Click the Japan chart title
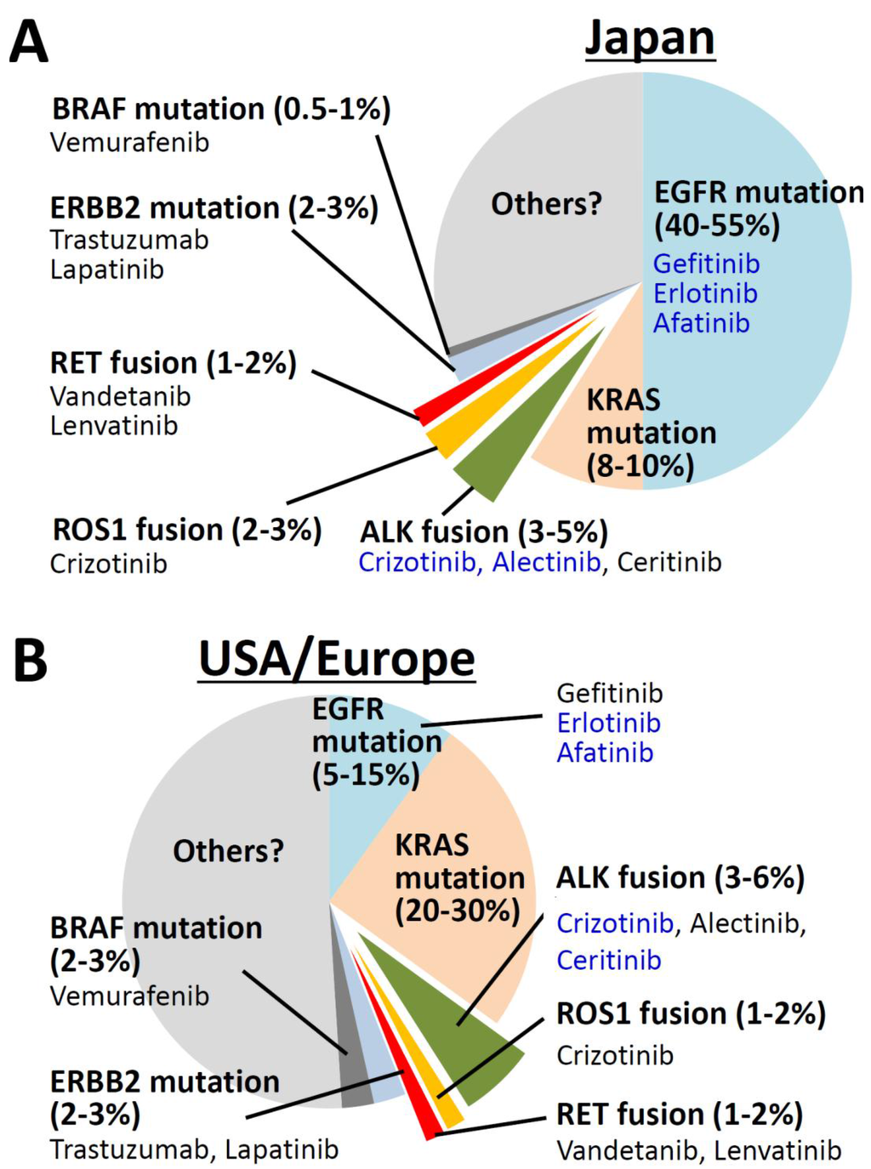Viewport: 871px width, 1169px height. pyautogui.click(x=649, y=38)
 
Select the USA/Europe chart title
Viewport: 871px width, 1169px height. pyautogui.click(x=337, y=659)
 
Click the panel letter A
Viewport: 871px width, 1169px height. pyautogui.click(x=28, y=43)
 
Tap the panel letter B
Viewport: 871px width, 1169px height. pyautogui.click(x=30, y=663)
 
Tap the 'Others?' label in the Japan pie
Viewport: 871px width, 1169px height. pyautogui.click(x=546, y=204)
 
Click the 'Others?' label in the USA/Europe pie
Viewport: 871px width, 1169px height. pyautogui.click(x=228, y=851)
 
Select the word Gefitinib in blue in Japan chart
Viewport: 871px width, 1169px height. pyautogui.click(x=706, y=264)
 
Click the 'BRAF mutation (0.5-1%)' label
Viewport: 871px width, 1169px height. pyautogui.click(x=221, y=110)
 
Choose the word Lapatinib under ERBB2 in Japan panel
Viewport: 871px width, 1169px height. pyautogui.click(x=107, y=270)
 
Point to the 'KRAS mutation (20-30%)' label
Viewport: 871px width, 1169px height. pyautogui.click(x=459, y=877)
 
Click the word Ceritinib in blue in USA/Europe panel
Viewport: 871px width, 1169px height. pyautogui.click(x=609, y=960)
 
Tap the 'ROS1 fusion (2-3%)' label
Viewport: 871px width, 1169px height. pyautogui.click(x=187, y=530)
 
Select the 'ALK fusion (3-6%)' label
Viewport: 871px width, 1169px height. pyautogui.click(x=680, y=877)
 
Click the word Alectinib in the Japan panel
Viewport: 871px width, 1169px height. pyautogui.click(x=546, y=562)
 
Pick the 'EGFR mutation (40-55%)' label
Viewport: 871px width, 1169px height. pyautogui.click(x=757, y=209)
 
